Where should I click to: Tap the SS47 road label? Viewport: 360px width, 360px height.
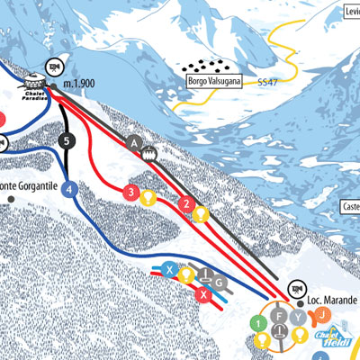click(x=267, y=82)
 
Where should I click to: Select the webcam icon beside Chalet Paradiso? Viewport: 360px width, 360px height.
click(x=53, y=65)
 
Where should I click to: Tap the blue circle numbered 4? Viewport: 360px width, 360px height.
click(x=71, y=189)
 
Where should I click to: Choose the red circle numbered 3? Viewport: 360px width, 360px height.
click(x=131, y=192)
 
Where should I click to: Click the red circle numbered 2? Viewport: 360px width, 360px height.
click(x=186, y=203)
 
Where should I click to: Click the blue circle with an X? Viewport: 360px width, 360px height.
click(x=168, y=268)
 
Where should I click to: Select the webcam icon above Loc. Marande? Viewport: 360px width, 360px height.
click(x=294, y=289)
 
